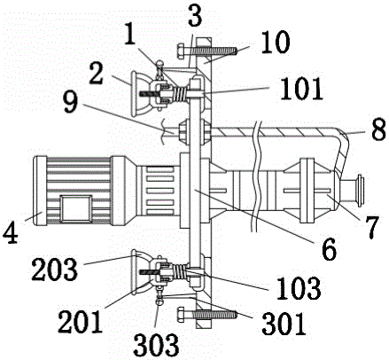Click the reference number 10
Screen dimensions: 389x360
(x=276, y=43)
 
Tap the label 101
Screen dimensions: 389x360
(x=301, y=89)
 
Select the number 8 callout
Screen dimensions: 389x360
(x=378, y=129)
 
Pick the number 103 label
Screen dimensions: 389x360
(x=299, y=287)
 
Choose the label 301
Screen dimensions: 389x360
(x=284, y=324)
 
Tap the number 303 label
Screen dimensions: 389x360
(x=156, y=344)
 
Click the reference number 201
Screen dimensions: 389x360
(x=81, y=322)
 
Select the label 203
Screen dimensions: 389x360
(x=55, y=270)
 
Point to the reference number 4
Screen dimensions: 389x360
(x=11, y=232)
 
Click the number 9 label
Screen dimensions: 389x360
(x=70, y=104)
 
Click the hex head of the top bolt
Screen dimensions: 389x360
(x=181, y=51)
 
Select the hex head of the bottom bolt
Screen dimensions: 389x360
(x=181, y=315)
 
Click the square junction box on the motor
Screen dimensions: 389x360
(x=76, y=208)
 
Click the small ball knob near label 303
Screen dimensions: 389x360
(x=159, y=301)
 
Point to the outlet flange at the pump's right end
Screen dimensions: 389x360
(x=361, y=191)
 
